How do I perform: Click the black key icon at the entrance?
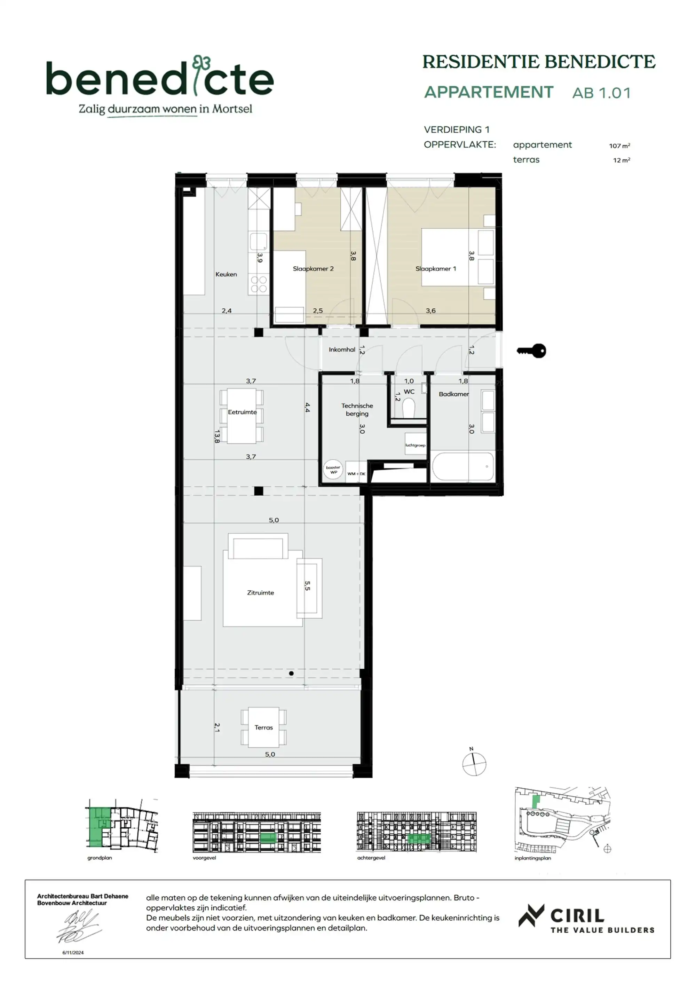pos(531,351)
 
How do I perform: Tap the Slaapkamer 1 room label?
pos(435,269)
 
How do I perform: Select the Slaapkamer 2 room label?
pos(313,269)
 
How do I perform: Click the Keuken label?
pos(226,274)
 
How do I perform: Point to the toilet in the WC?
pos(409,408)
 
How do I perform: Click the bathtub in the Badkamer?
pos(463,467)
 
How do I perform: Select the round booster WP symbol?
pos(333,470)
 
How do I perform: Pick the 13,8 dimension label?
pos(217,436)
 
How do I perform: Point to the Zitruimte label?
pos(260,593)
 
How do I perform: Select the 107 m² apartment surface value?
pos(619,146)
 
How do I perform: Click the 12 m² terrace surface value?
pos(621,160)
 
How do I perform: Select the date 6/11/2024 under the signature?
pos(73,953)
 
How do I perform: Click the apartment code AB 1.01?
pos(601,93)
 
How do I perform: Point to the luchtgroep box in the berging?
pos(415,445)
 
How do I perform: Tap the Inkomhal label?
pos(342,350)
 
